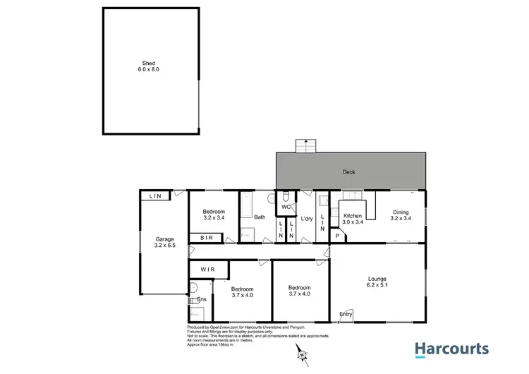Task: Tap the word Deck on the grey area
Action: click(348, 171)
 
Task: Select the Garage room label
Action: click(165, 243)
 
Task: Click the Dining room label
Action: click(400, 215)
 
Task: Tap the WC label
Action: click(286, 207)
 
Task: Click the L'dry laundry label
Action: click(306, 219)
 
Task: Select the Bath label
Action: click(260, 217)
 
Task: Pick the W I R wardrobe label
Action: click(208, 270)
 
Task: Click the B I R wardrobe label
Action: click(207, 239)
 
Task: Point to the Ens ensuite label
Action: click(201, 300)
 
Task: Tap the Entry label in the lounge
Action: click(346, 314)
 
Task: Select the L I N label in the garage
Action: click(154, 196)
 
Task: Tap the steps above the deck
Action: click(305, 147)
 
